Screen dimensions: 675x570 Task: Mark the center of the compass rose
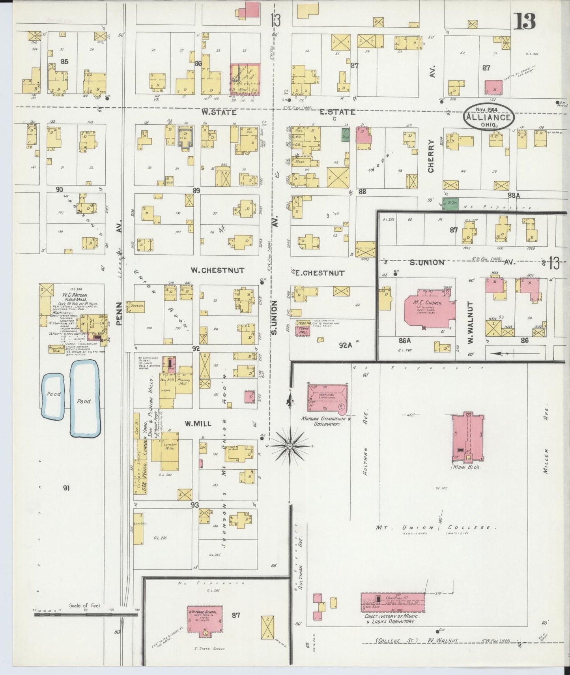coord(290,446)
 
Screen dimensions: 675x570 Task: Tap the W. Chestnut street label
coord(217,270)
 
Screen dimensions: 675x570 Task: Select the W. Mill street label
coord(198,424)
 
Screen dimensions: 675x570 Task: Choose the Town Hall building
coord(303,331)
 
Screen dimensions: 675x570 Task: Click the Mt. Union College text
coord(435,528)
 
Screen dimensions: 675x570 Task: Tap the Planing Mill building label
coord(183,382)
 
